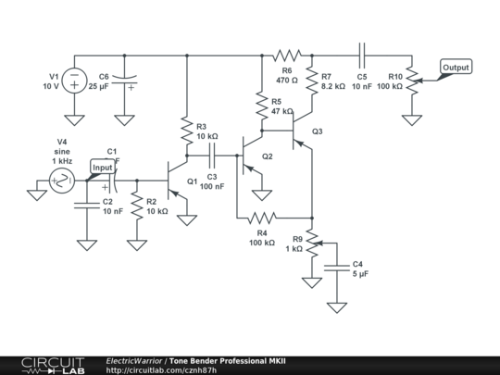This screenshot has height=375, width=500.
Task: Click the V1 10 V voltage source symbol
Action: pos(74,81)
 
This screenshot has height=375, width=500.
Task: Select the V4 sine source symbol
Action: pos(62,181)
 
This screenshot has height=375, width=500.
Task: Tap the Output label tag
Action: pos(456,67)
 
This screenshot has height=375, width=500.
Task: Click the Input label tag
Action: pos(103,167)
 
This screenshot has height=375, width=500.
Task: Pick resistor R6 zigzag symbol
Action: pos(287,56)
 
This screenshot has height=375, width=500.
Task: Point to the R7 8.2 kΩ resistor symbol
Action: pos(312,81)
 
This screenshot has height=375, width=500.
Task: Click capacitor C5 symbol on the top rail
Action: pos(362,56)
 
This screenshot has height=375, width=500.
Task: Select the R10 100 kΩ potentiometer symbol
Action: pos(413,81)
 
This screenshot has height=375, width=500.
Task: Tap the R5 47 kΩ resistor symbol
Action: pos(262,106)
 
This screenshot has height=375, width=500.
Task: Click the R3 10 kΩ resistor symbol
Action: pos(187,131)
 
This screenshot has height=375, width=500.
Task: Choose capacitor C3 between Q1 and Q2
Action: pos(212,156)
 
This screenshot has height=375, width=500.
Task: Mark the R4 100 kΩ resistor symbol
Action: pos(262,219)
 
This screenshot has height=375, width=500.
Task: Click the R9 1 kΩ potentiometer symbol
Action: pos(314,243)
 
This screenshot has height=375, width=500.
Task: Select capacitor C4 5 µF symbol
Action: pos(337,268)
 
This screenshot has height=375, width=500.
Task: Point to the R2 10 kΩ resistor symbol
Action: pos(137,206)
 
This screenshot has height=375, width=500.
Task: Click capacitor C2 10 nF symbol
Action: pos(87,206)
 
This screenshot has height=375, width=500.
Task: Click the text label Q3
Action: pos(318,131)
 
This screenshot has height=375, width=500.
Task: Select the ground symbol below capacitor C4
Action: pos(337,307)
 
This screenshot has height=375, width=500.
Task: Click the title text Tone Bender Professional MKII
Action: pos(228,361)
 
